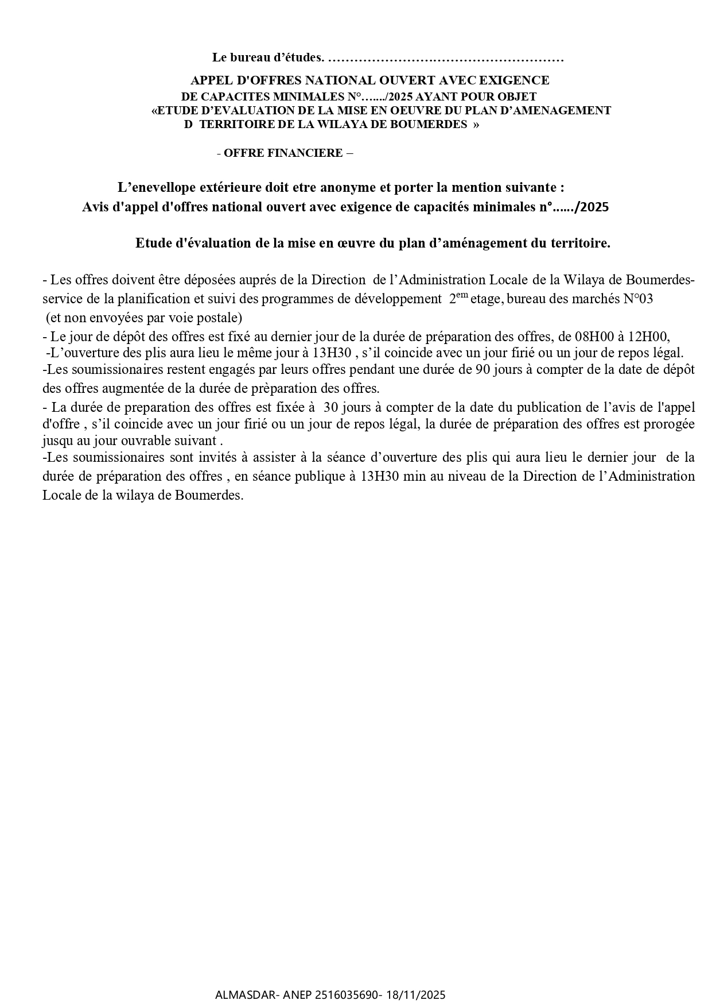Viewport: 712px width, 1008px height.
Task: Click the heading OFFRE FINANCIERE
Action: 285,153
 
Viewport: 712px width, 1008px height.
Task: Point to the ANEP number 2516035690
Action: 348,995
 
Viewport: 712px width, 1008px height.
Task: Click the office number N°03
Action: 637,299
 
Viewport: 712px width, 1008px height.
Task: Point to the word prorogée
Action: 670,425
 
